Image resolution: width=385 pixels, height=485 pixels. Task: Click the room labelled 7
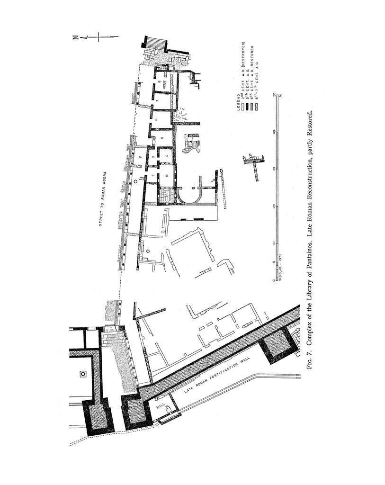click(156, 101)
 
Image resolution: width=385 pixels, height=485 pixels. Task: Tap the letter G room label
click(162, 137)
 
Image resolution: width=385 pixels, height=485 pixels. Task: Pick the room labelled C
click(167, 155)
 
